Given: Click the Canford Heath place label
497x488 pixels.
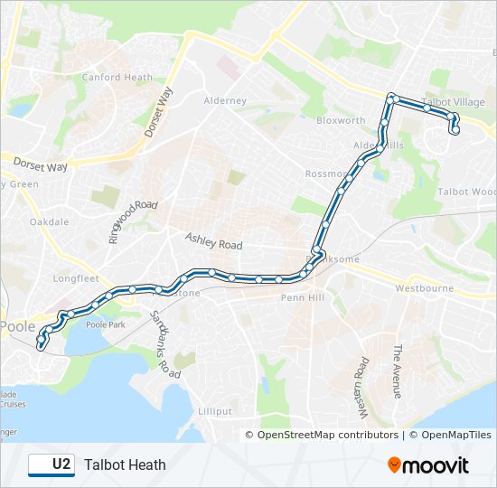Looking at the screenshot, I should (x=117, y=78).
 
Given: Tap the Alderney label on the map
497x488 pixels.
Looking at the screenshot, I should (x=225, y=101).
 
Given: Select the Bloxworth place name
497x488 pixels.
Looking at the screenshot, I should (x=341, y=120).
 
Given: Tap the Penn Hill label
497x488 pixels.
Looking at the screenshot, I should (x=302, y=297).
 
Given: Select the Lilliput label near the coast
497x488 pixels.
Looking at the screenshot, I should (x=214, y=411).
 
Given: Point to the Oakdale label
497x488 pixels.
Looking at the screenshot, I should (x=49, y=221).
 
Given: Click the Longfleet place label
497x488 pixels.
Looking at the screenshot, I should (x=76, y=279).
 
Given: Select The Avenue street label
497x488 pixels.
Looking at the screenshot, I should (x=396, y=371).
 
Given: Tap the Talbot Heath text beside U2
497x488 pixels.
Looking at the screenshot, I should (x=125, y=465).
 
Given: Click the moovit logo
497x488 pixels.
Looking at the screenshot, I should (x=428, y=465).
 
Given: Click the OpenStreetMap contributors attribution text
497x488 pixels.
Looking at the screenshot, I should (x=327, y=435).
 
